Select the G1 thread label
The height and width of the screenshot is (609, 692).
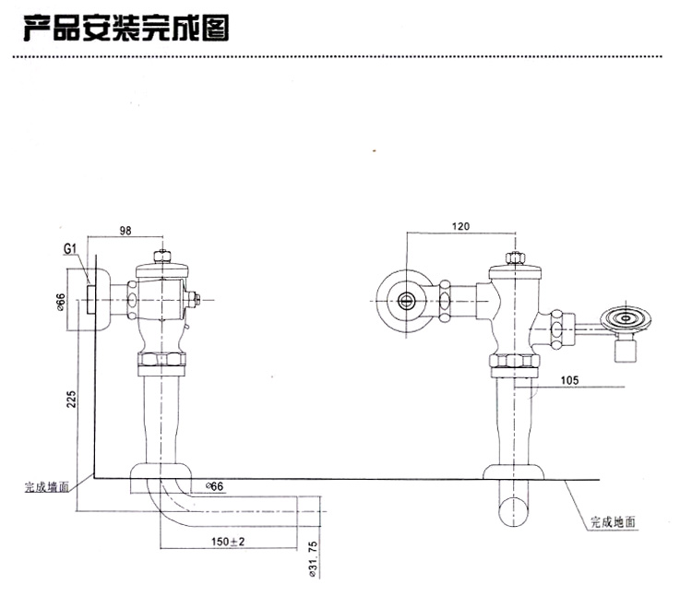coord(70,249)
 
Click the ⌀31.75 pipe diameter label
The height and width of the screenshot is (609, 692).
coord(314,557)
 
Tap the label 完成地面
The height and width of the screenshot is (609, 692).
coord(614,522)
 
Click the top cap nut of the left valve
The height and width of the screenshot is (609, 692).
coord(162,255)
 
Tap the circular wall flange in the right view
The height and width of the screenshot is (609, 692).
coord(405,299)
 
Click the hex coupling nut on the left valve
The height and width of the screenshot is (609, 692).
coord(162,359)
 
